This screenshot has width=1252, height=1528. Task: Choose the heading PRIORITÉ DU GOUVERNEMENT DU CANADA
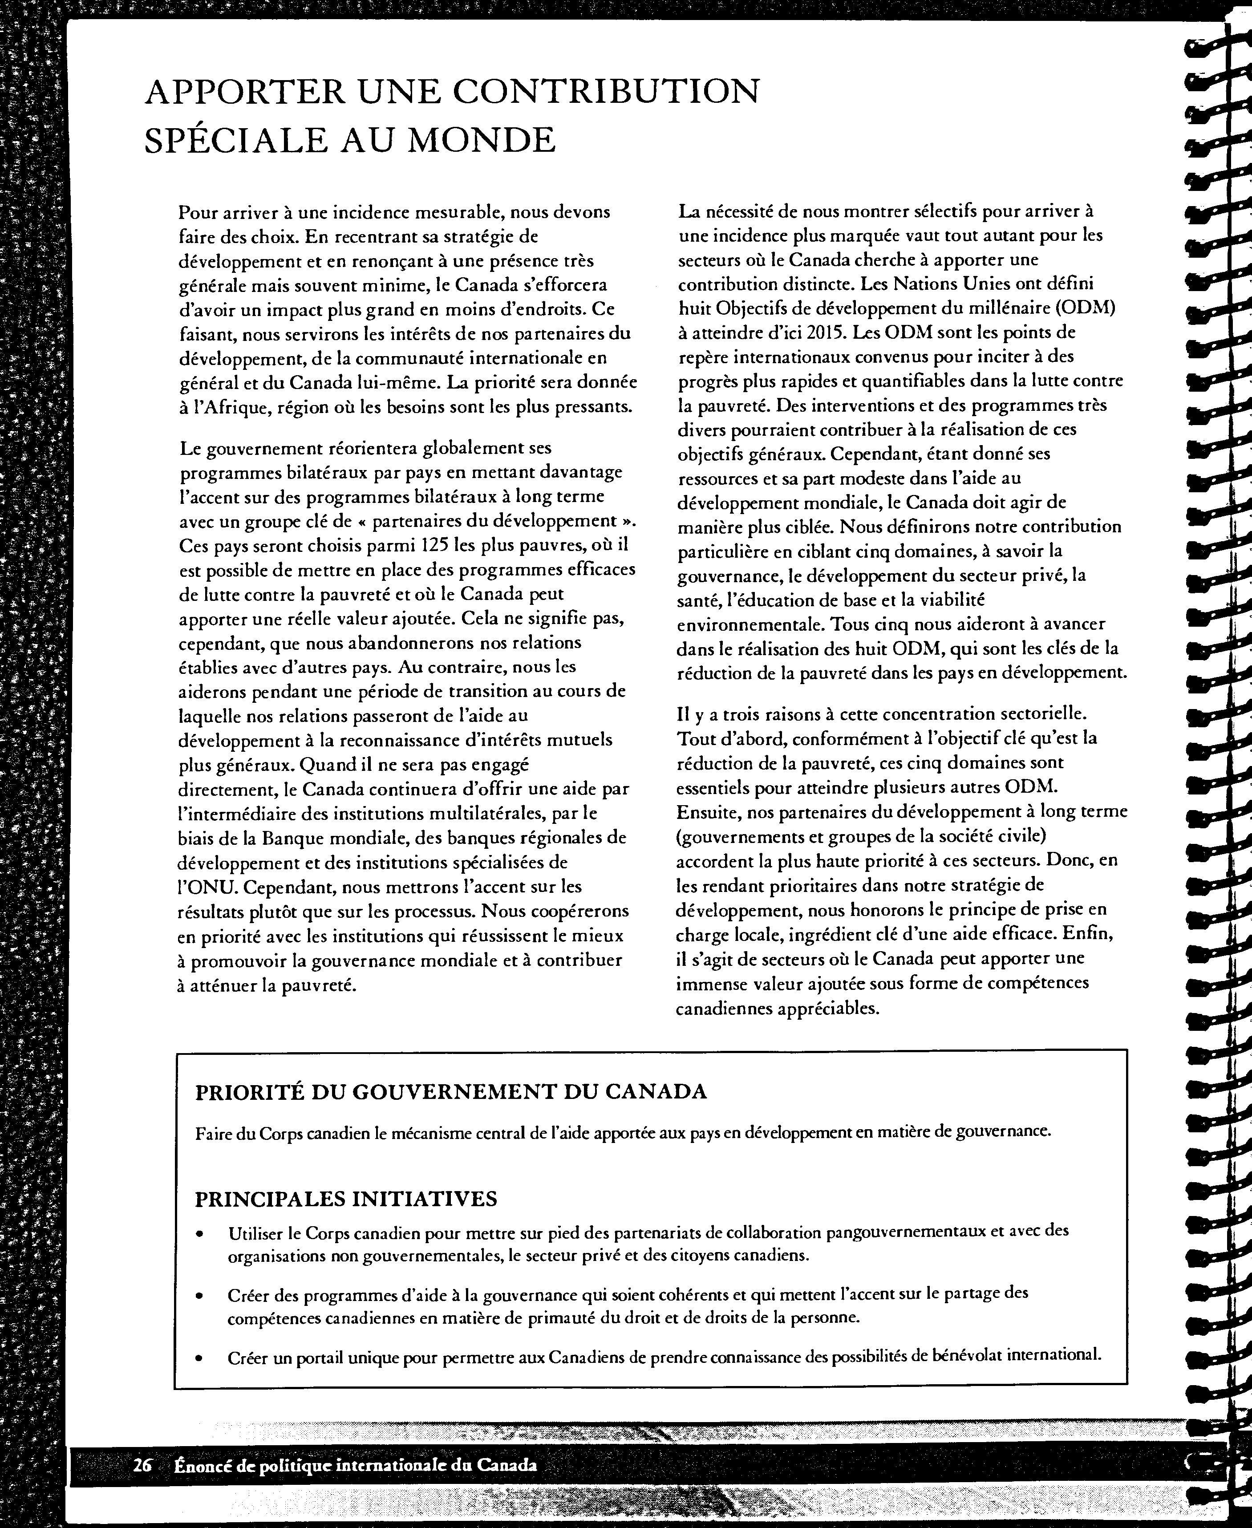click(x=451, y=1091)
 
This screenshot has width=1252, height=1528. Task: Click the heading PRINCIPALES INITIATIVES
click(x=346, y=1199)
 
